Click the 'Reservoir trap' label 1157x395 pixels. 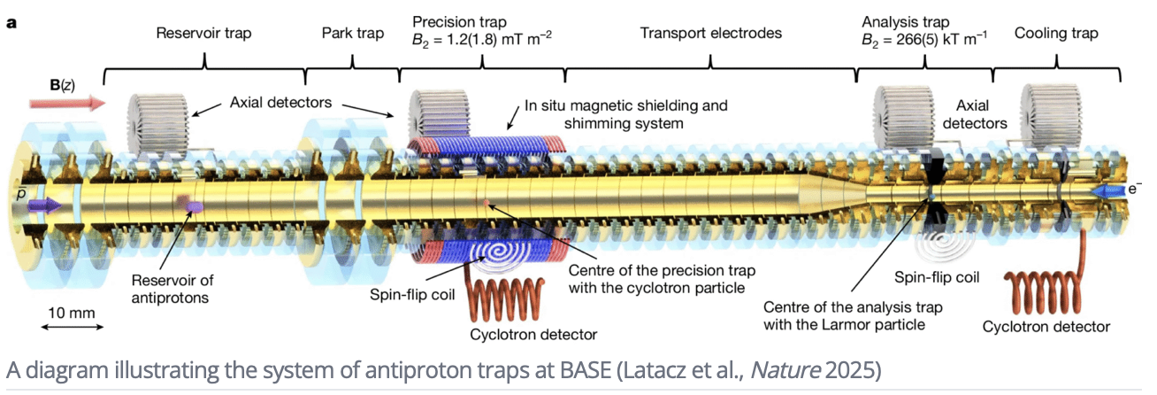[x=204, y=35]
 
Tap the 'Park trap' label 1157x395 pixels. [x=353, y=35]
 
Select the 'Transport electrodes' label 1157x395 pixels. [x=711, y=35]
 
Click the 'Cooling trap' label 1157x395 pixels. [x=1056, y=35]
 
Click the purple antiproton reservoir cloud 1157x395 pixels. [x=193, y=207]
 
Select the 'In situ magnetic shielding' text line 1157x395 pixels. [x=625, y=105]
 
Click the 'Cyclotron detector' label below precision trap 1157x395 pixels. [x=533, y=335]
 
